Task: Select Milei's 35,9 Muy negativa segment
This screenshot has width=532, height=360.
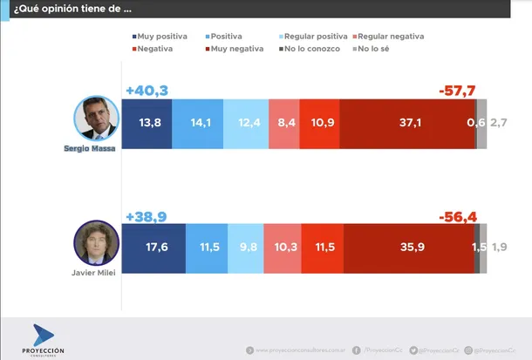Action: tap(408, 248)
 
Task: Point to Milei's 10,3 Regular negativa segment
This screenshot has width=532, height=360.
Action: tap(282, 248)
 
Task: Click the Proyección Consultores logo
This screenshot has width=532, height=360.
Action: tap(48, 340)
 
